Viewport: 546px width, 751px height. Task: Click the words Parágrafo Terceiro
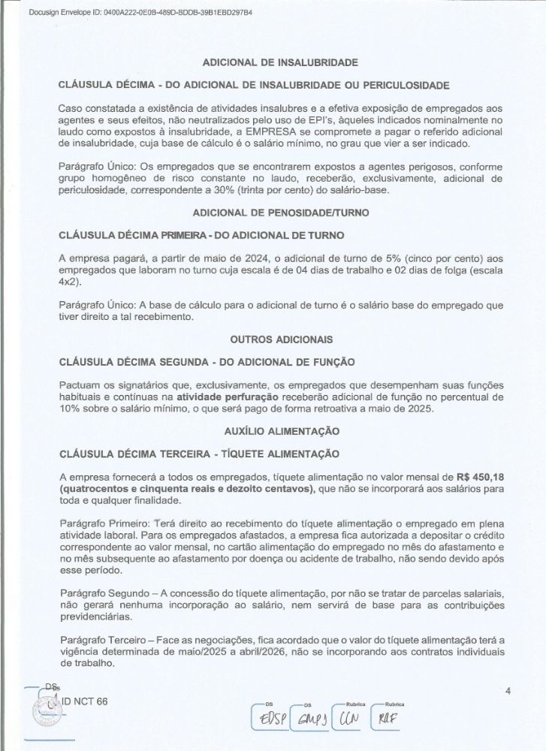[x=96, y=639]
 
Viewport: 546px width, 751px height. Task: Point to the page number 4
[x=508, y=692]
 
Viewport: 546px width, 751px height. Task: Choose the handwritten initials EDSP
[x=273, y=721]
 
